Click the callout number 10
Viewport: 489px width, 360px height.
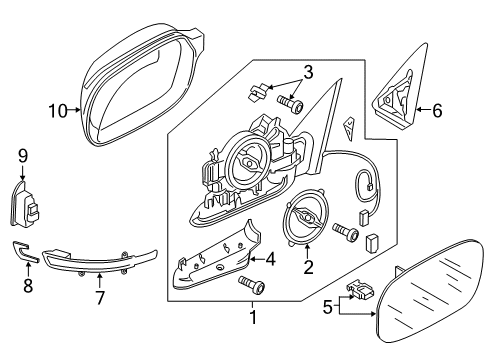coord(58,110)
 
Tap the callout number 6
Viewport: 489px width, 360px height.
coord(437,110)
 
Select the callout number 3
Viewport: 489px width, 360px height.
coord(308,72)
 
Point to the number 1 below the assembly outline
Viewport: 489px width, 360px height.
coord(253,317)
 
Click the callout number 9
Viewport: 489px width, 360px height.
coord(23,156)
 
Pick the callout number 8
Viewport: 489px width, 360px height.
coord(28,286)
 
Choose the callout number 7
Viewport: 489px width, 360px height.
coord(100,298)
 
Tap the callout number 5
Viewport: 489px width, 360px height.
coord(328,307)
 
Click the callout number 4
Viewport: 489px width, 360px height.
coord(270,259)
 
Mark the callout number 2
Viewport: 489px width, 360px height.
coord(308,267)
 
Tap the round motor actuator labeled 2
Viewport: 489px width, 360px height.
coord(304,218)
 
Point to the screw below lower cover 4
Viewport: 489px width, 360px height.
coord(252,285)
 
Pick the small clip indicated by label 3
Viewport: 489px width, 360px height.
coord(259,91)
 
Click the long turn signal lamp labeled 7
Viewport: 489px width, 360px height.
coord(99,261)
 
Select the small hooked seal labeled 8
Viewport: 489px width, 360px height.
coord(25,252)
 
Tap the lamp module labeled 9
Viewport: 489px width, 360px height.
coord(24,204)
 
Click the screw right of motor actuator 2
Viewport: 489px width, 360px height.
coord(346,232)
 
